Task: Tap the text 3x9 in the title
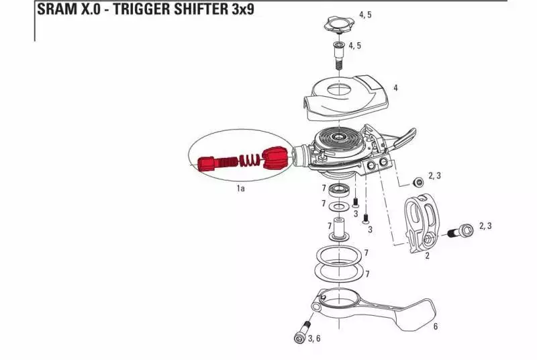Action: pyautogui.click(x=239, y=11)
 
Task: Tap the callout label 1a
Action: pyautogui.click(x=240, y=189)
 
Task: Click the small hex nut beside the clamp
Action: pyautogui.click(x=417, y=181)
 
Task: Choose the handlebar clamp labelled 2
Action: pyautogui.click(x=419, y=222)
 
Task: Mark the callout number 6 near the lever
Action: pyautogui.click(x=436, y=327)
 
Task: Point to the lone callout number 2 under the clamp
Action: pyautogui.click(x=427, y=255)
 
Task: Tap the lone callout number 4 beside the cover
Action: pyautogui.click(x=395, y=88)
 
